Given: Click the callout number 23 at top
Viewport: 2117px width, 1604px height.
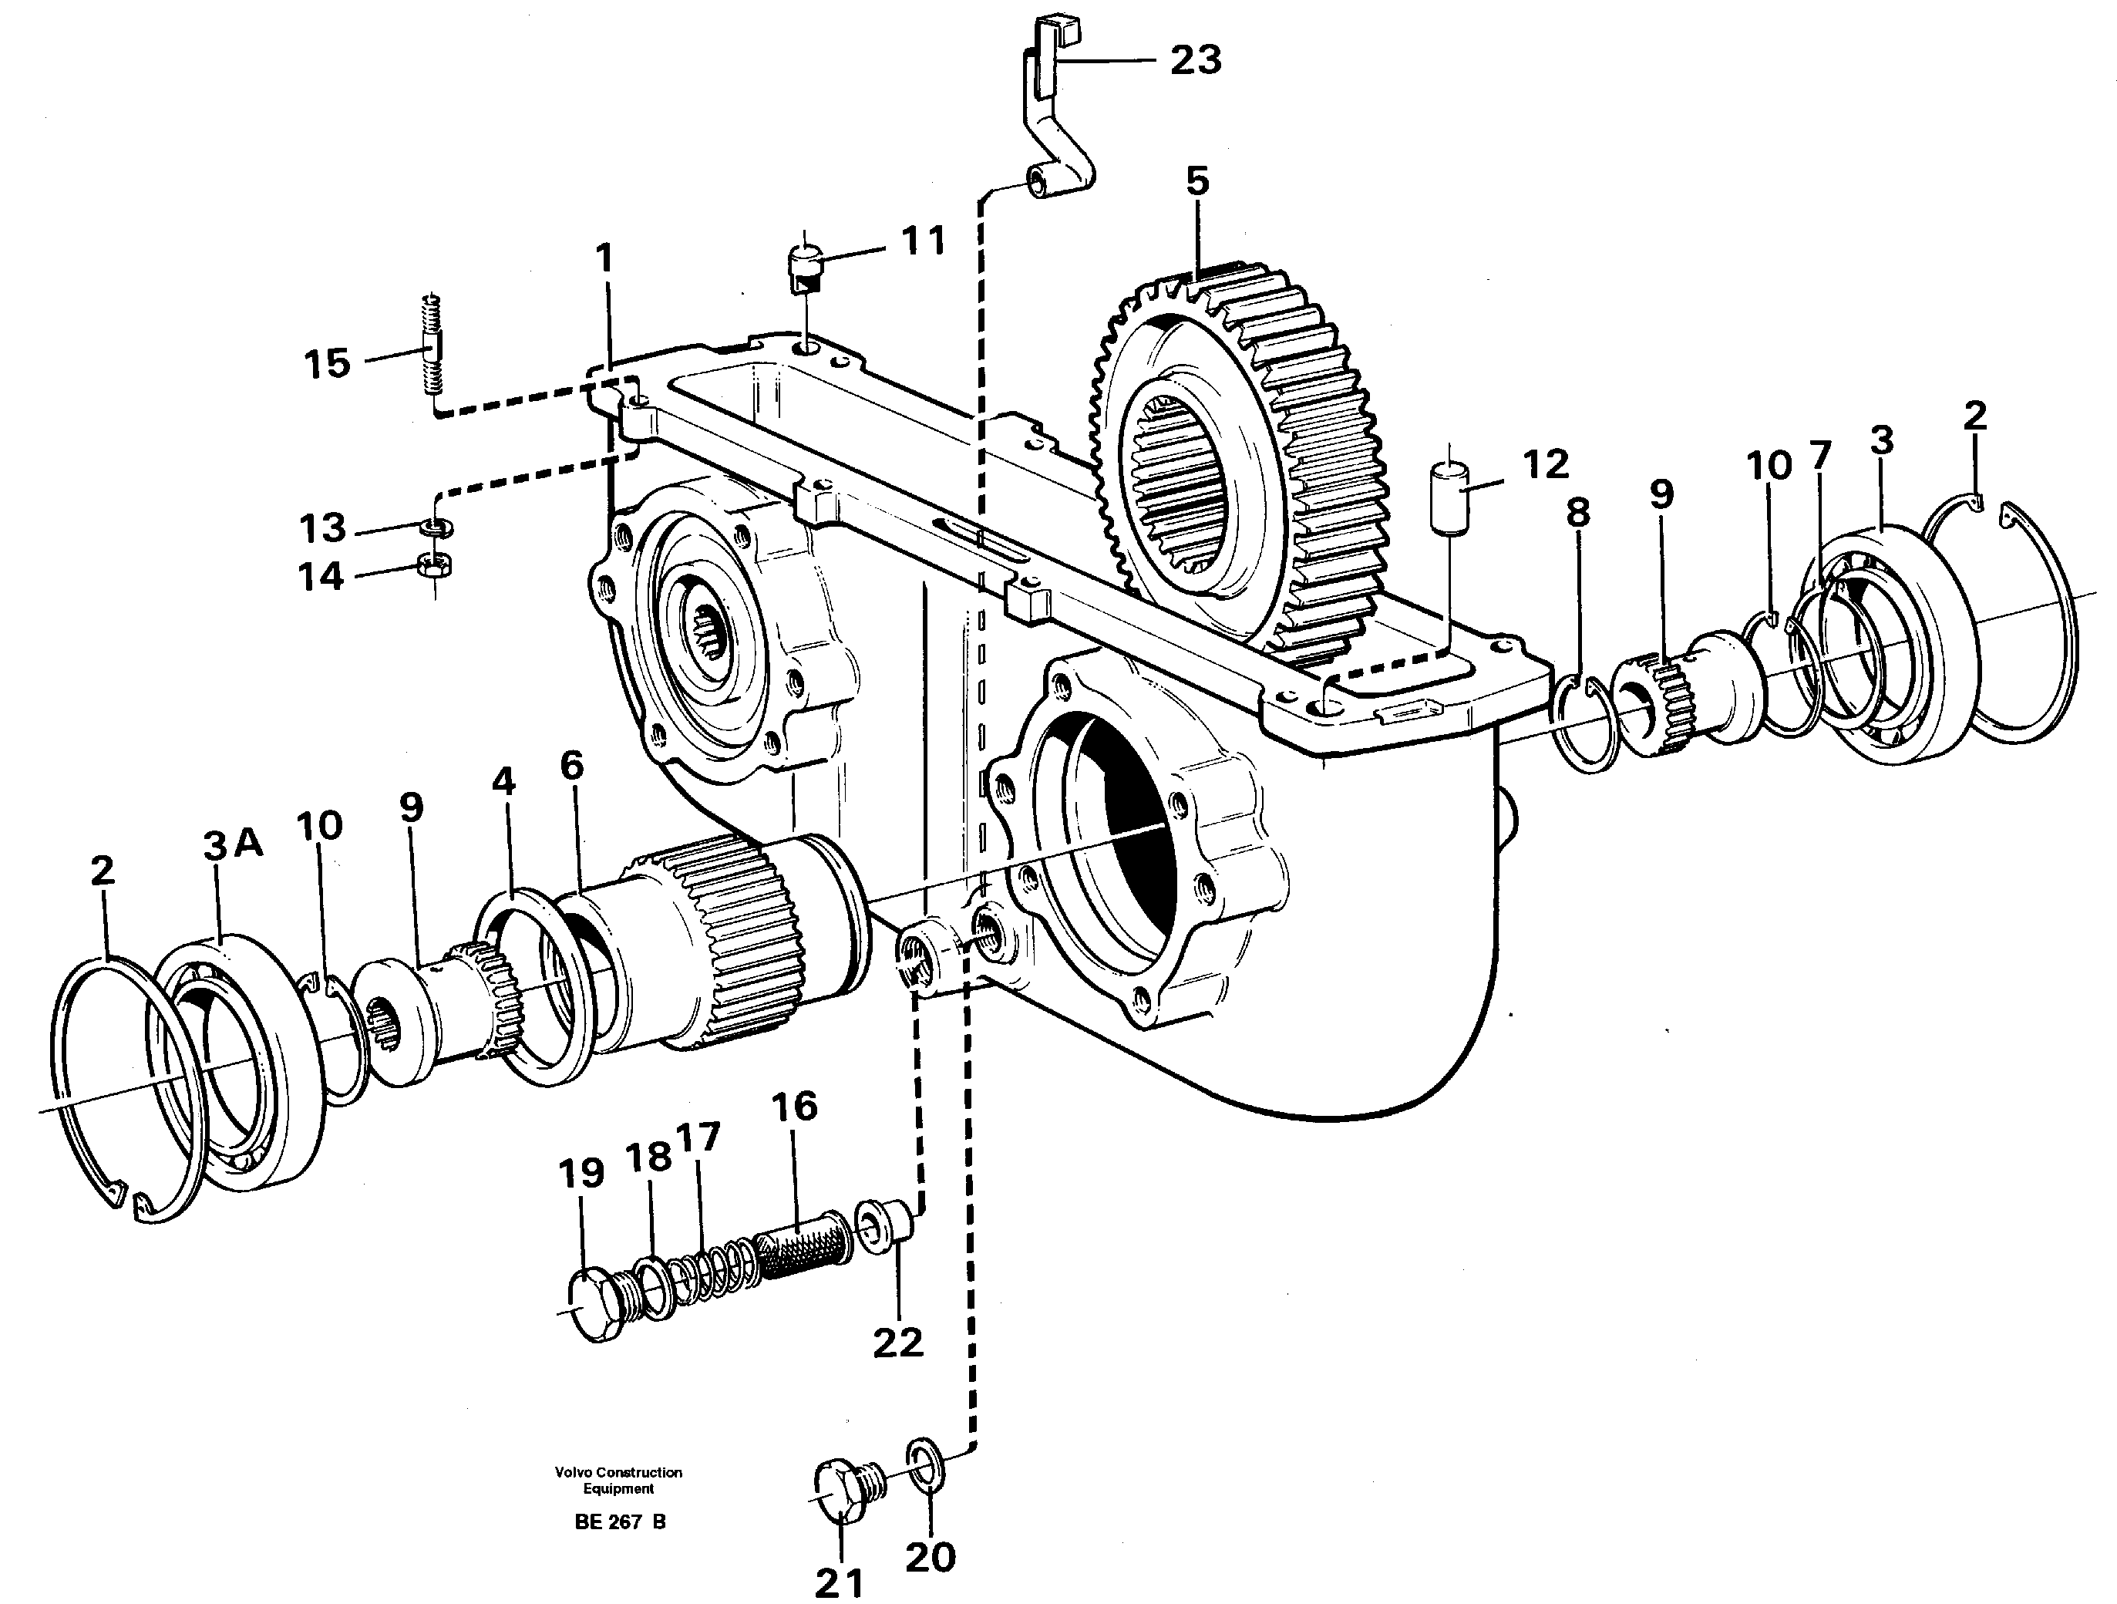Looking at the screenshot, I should [1196, 61].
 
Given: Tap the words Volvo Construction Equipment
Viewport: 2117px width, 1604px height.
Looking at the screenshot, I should [618, 1481].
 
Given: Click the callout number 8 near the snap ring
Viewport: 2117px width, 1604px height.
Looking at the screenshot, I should [1577, 513].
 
